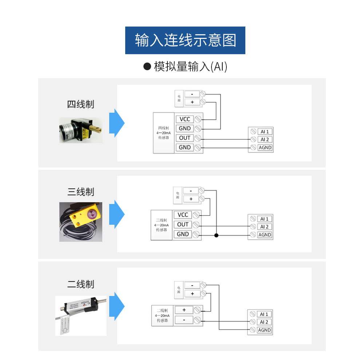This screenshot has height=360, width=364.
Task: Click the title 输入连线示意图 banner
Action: [185, 40]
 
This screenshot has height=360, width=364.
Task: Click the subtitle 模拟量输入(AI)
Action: [186, 67]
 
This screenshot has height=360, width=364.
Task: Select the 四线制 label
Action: [81, 104]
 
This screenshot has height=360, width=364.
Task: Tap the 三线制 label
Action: [81, 192]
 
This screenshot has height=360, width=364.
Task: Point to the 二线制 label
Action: [81, 284]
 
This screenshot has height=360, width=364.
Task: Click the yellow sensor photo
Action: [81, 222]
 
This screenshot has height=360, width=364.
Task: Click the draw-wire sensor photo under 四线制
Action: [81, 130]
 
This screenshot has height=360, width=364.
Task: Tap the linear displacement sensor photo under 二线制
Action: [81, 315]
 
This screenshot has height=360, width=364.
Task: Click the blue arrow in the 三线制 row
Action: [117, 214]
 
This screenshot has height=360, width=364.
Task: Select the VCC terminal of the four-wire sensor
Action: [185, 119]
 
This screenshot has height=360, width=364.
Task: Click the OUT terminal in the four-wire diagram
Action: [185, 138]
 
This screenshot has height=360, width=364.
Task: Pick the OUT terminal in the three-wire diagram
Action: [183, 225]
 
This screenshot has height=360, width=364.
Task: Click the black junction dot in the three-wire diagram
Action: [216, 235]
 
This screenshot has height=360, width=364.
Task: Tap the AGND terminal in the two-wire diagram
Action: [264, 330]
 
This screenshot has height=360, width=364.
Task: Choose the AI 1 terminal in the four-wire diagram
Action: [265, 131]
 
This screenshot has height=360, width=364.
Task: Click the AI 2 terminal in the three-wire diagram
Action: [264, 227]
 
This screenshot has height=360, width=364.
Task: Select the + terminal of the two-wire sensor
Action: [184, 310]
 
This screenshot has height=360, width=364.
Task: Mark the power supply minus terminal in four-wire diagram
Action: [192, 94]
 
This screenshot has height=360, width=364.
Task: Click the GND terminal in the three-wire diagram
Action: [183, 234]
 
